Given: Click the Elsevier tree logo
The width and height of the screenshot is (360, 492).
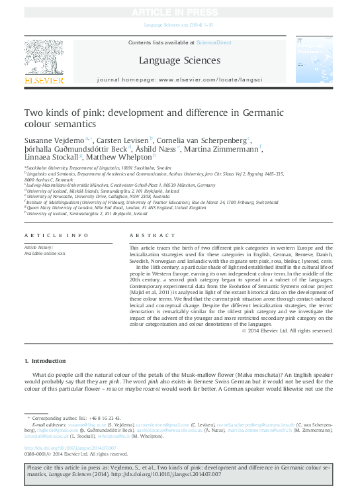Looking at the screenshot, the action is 44,57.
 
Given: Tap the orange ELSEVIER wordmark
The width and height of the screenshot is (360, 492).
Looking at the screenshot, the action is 44,81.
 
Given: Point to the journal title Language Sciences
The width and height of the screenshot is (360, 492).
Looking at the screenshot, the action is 179,61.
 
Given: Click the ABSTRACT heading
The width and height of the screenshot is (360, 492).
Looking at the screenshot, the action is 144,236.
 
